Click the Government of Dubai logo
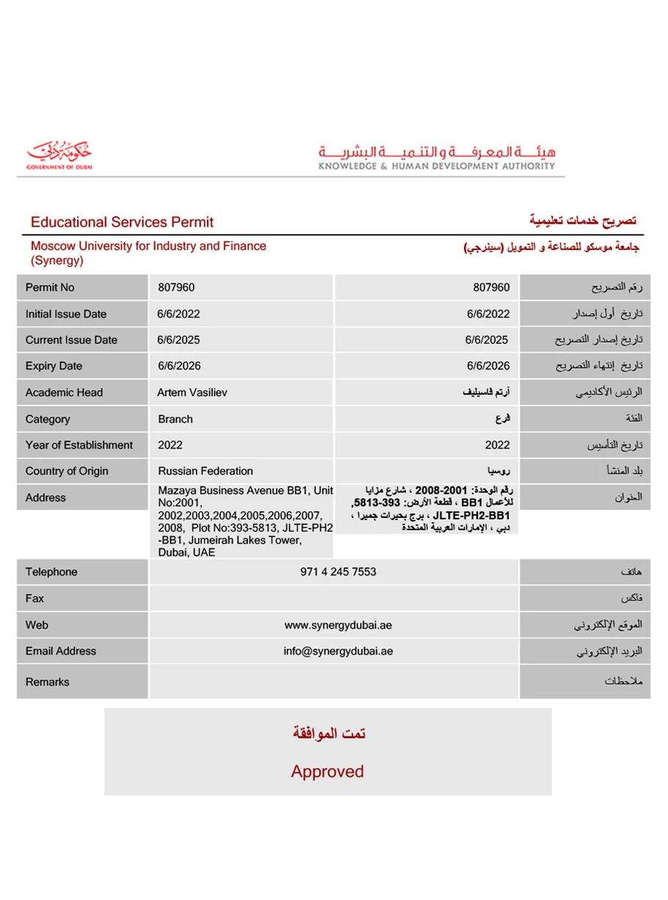tap(59, 155)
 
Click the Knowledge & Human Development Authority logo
tap(437, 157)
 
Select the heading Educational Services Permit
tap(122, 222)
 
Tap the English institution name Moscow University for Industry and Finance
tap(148, 246)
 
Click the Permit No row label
tap(50, 288)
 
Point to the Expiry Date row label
tap(54, 366)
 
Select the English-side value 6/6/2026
tap(179, 366)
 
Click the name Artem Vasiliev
tap(192, 392)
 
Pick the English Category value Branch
tap(175, 419)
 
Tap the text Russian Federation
tap(206, 471)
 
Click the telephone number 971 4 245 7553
tap(338, 572)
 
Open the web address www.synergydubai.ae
tap(338, 625)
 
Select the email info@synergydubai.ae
tap(338, 651)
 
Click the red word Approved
tap(327, 771)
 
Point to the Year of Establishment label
tap(79, 445)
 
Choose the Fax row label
tap(35, 599)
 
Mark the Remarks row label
tap(48, 682)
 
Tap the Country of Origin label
tap(67, 471)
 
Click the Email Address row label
tap(61, 651)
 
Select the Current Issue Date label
tap(71, 340)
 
